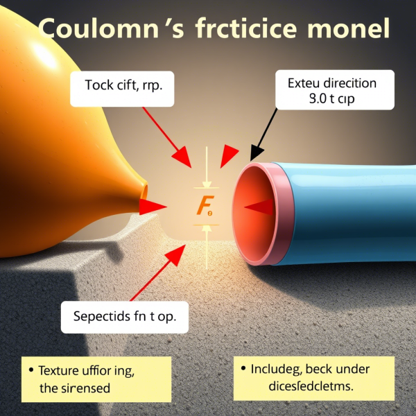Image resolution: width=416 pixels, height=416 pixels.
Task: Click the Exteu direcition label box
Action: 331,90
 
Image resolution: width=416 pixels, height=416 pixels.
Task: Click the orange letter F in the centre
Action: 203,205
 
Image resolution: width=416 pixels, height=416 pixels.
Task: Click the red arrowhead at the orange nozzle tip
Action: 152,205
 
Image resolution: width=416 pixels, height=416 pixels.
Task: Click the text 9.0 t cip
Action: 331,98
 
